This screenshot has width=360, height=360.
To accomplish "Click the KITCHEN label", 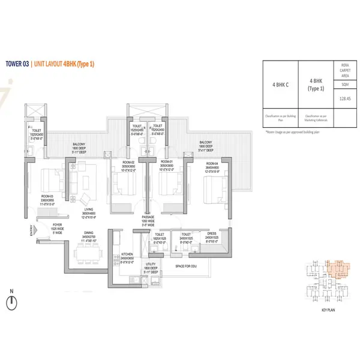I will [126, 254].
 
